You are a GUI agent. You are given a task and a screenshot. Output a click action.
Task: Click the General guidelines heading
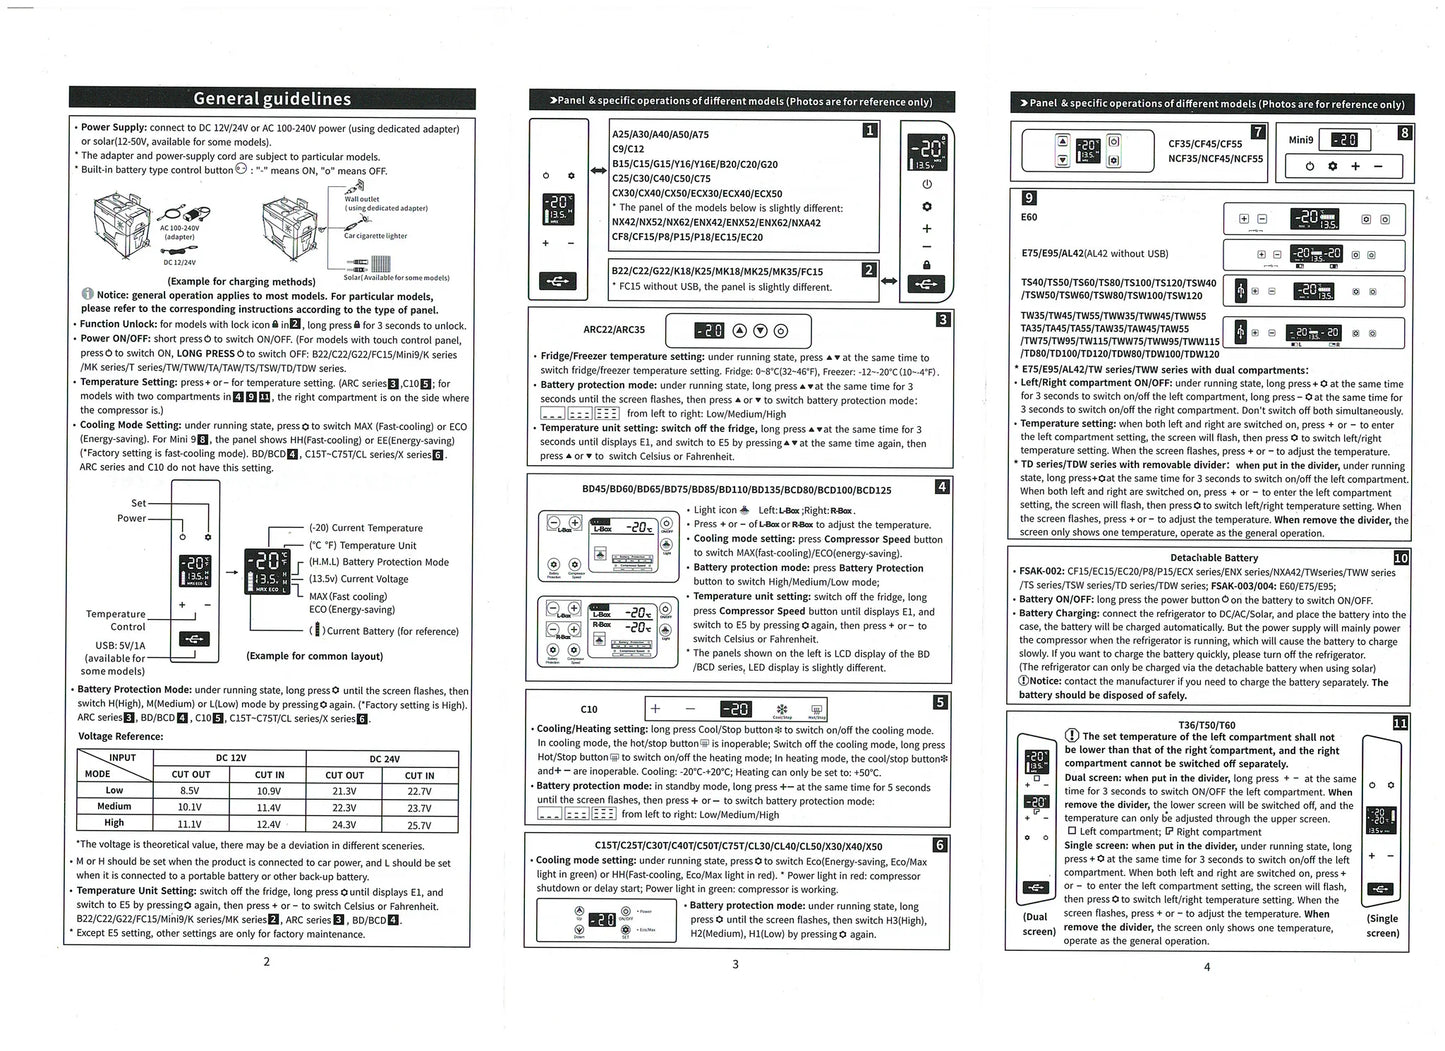point(272,98)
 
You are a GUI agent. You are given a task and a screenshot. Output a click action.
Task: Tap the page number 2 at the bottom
point(266,962)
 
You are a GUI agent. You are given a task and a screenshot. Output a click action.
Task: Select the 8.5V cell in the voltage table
point(190,790)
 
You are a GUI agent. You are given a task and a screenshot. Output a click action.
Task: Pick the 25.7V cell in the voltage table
point(419,825)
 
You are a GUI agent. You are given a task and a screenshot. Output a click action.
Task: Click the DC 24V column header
point(384,758)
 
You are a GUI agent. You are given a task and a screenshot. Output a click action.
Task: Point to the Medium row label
point(114,806)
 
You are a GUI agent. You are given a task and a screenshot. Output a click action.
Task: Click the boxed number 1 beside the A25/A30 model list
point(870,130)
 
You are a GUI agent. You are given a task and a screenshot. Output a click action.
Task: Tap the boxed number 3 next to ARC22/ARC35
point(942,319)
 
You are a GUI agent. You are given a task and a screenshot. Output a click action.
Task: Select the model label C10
point(589,709)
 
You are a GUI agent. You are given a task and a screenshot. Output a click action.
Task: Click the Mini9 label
point(1300,140)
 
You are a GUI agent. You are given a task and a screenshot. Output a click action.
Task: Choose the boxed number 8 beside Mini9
point(1405,132)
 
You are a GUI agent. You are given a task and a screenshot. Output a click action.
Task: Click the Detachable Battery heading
point(1213,558)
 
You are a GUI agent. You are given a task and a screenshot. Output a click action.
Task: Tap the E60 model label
point(1029,217)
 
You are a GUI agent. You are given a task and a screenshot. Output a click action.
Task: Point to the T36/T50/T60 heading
point(1206,725)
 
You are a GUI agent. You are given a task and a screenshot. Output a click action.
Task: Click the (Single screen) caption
point(1382,925)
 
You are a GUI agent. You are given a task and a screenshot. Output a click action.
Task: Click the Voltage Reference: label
point(121,736)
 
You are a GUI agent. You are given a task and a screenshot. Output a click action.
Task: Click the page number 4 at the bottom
point(1207,966)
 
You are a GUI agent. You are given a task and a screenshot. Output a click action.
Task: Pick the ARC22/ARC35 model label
point(614,329)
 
